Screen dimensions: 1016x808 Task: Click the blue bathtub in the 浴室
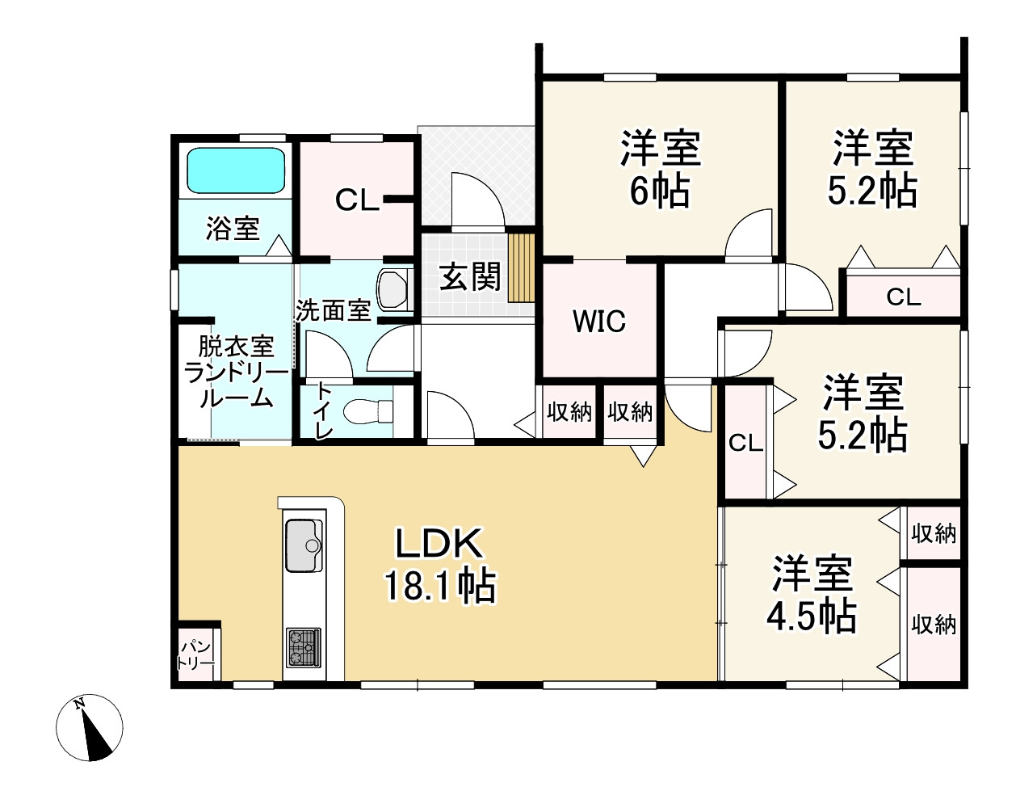237,170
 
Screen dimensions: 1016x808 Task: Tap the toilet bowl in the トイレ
367,411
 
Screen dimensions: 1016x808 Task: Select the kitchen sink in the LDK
304,545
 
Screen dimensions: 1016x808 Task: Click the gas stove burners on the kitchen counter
304,647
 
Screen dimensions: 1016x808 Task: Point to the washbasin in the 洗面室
392,289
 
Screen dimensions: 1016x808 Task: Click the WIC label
599,321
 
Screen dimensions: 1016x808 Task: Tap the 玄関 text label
470,277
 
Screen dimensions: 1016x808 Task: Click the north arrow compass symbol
89,728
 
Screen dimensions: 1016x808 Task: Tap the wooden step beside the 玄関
521,268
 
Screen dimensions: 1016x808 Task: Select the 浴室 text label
233,229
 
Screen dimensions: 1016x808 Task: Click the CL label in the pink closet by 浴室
358,200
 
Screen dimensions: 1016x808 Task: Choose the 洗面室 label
334,310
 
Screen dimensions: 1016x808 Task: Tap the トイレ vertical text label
324,410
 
